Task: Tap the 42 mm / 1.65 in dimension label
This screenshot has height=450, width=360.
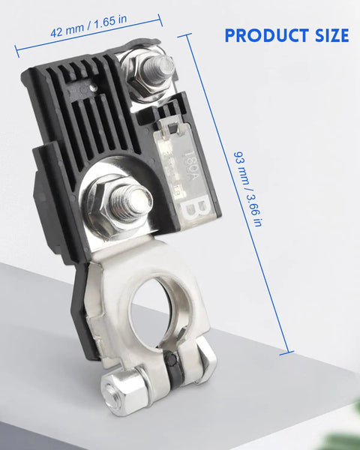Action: [88, 26]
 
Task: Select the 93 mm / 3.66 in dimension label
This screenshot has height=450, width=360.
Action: [247, 189]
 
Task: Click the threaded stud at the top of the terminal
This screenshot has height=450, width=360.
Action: [158, 68]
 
